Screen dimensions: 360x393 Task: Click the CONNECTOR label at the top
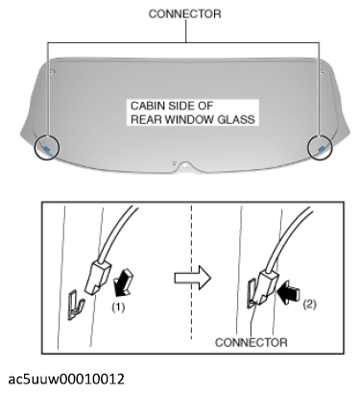[x=184, y=14]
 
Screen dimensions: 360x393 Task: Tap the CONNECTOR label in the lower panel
[x=252, y=342]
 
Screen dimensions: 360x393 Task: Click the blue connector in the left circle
[x=47, y=148]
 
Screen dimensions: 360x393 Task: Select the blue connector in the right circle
[x=322, y=148]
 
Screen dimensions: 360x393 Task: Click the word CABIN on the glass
[x=146, y=106]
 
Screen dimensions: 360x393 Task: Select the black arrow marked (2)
[x=289, y=292]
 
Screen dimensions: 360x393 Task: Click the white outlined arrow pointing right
[x=193, y=278]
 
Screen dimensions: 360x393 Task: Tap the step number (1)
[x=118, y=307]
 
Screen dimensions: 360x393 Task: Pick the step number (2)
[x=309, y=305]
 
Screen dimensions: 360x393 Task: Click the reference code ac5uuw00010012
[x=66, y=380]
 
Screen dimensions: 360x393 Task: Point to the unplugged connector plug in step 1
[x=98, y=277]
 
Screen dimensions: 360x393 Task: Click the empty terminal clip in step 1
[x=76, y=305]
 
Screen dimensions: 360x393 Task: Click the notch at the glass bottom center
[x=185, y=166]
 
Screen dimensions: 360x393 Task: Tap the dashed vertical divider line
[x=191, y=272]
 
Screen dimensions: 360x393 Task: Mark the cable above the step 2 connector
[x=287, y=235]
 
